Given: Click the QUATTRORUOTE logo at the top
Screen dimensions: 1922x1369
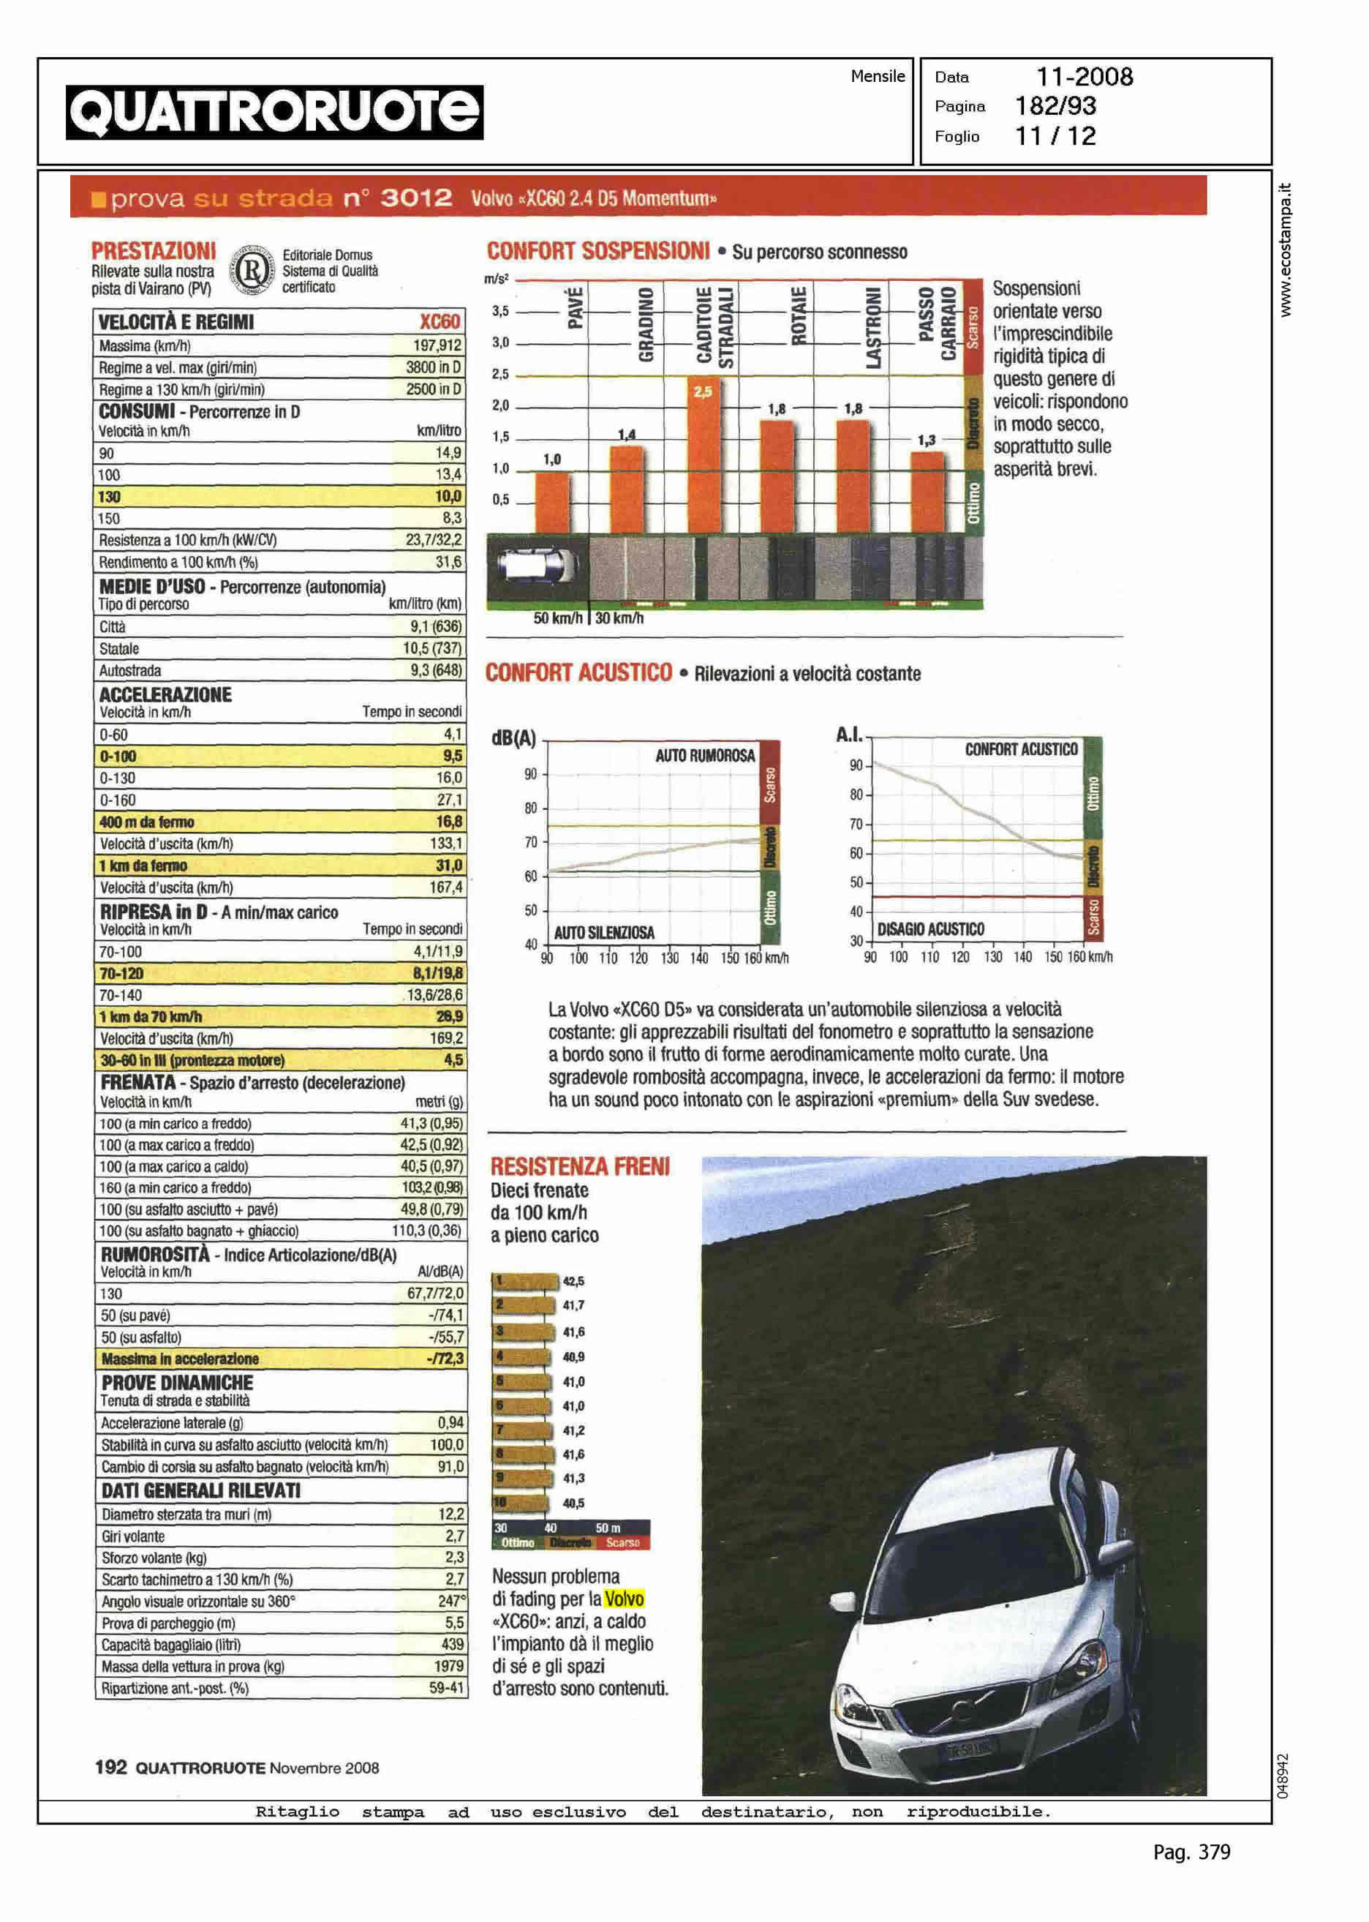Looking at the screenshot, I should coord(275,112).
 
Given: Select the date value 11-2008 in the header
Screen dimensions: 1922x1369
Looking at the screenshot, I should coord(1084,77).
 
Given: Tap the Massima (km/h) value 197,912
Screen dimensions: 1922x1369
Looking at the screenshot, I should coord(437,346).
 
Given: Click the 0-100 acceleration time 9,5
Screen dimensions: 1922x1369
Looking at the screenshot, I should coord(452,757).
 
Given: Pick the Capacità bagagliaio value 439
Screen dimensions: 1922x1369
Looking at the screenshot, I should coord(453,1644).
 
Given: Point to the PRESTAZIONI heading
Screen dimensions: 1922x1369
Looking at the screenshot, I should coord(154,250).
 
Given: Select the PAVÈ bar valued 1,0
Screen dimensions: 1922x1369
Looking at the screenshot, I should coord(552,502).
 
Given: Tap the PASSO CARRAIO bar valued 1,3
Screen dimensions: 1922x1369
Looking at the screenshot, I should coord(927,492).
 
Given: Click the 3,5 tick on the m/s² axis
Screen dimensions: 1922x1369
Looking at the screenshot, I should coord(501,311).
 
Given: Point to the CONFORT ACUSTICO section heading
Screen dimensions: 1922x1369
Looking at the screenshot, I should coord(578,672).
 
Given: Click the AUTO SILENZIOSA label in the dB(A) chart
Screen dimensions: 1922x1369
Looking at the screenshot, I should coord(603,932).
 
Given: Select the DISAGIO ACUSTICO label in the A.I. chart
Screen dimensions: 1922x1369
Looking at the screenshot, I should coord(931,928).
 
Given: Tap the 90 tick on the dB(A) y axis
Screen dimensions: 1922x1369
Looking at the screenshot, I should coord(530,773).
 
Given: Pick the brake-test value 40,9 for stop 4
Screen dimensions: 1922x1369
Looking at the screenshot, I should coord(573,1357).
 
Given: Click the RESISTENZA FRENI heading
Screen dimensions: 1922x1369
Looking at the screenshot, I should coord(580,1166).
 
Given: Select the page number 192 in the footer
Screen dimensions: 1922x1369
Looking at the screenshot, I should coord(110,1767).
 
